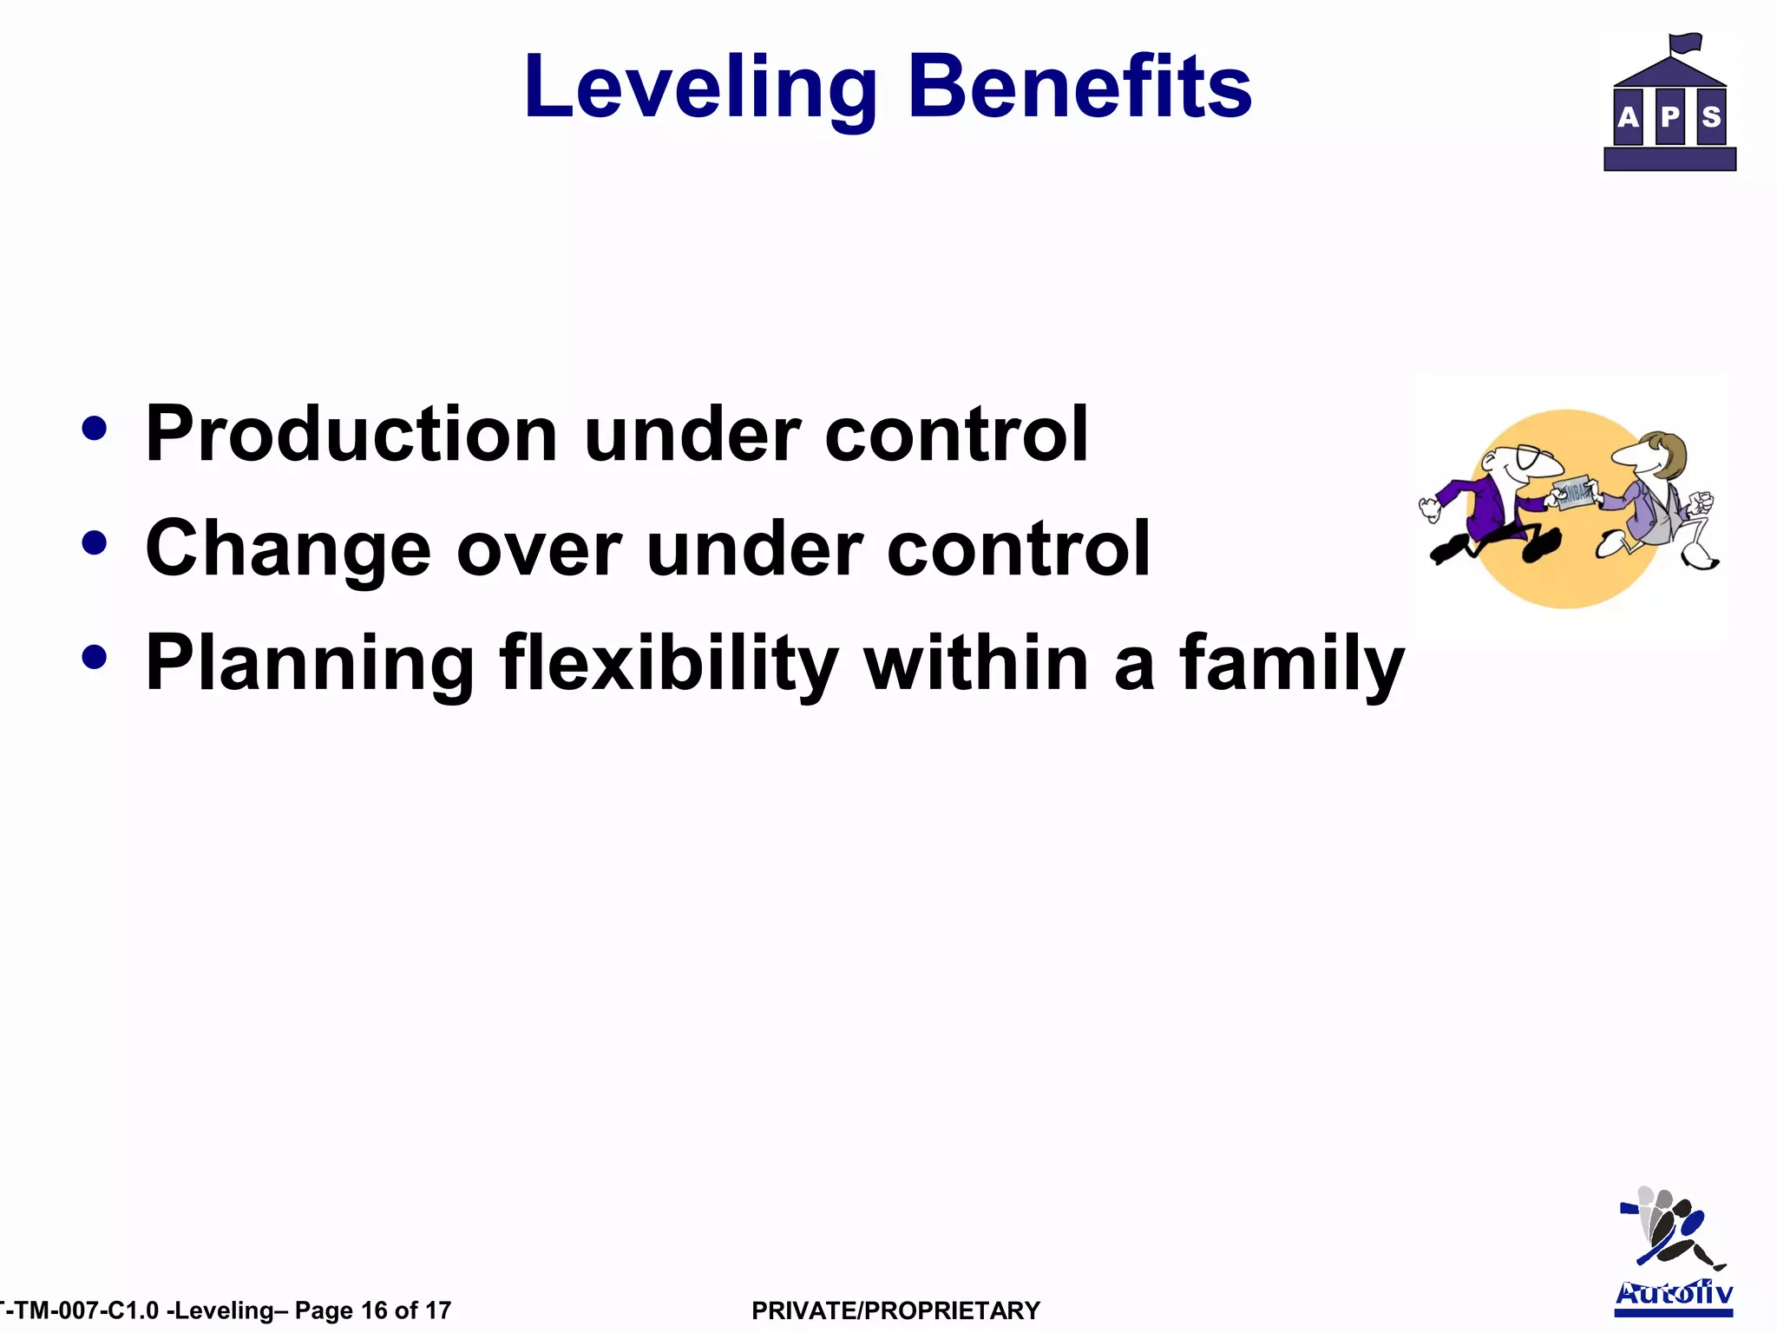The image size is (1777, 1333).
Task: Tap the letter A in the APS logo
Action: [x=1629, y=117]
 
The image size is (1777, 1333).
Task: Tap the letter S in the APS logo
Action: [x=1711, y=117]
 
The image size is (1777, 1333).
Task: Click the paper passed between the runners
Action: [x=1575, y=493]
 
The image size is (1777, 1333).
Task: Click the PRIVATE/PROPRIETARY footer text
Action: [x=895, y=1310]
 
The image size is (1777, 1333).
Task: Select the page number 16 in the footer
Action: [x=374, y=1310]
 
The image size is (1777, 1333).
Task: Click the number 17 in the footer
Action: [x=438, y=1310]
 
